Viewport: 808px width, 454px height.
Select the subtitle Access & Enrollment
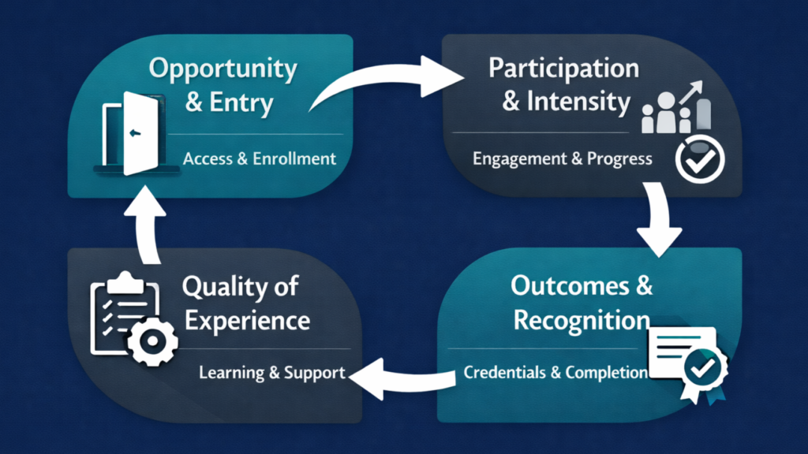pyautogui.click(x=260, y=158)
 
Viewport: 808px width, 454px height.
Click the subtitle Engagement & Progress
pyautogui.click(x=562, y=158)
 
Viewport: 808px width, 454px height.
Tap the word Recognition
pyautogui.click(x=582, y=320)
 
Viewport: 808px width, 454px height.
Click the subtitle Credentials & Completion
pyautogui.click(x=555, y=372)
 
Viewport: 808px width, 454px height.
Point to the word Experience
pyautogui.click(x=245, y=322)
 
